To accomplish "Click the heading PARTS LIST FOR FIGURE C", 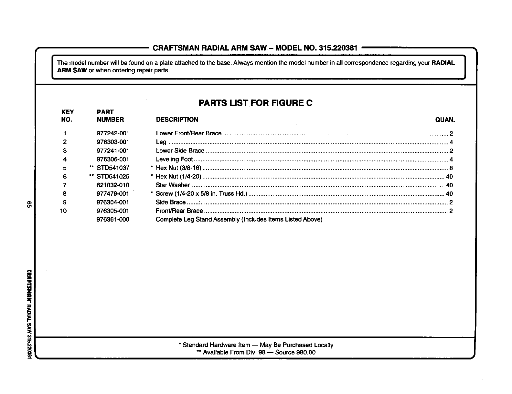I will pyautogui.click(x=255, y=103).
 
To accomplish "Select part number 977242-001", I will pyautogui.click(x=113, y=133).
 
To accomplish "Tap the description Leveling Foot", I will pyautogui.click(x=174, y=159).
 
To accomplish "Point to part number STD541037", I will pyautogui.click(x=113, y=168).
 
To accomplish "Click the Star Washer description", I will pyautogui.click(x=173, y=185).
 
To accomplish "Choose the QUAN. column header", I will pyautogui.click(x=445, y=120).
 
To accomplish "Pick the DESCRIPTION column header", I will pyautogui.click(x=177, y=120).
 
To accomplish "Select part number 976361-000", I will pyautogui.click(x=113, y=220).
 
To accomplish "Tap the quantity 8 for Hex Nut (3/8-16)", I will pyautogui.click(x=451, y=168).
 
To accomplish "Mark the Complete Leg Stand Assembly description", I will pyautogui.click(x=239, y=220).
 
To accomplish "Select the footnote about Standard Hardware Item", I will pyautogui.click(x=256, y=345).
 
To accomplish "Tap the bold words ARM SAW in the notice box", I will pyautogui.click(x=72, y=70).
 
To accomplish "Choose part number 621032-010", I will pyautogui.click(x=113, y=185).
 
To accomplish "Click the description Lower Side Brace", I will pyautogui.click(x=180, y=150).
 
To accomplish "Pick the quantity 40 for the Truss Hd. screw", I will pyautogui.click(x=449, y=194).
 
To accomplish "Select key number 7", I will pyautogui.click(x=65, y=185).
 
